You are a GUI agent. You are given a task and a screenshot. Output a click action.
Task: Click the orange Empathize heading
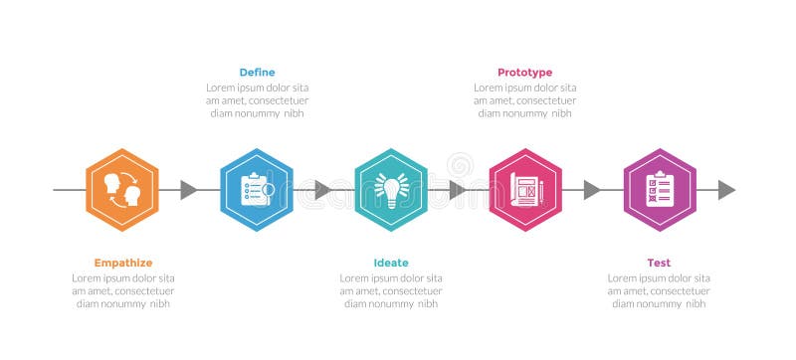(x=123, y=263)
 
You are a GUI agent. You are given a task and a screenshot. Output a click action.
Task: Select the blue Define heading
(x=257, y=72)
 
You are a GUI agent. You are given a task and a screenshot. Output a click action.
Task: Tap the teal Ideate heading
(x=391, y=263)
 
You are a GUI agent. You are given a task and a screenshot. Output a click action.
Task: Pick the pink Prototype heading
(x=524, y=72)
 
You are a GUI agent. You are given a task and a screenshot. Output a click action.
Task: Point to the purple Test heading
(x=659, y=263)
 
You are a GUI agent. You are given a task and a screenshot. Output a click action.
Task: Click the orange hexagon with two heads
(x=122, y=190)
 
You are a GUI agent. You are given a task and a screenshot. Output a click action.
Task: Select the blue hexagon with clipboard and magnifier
(x=257, y=190)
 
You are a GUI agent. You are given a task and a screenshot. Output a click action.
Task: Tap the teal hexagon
(x=391, y=190)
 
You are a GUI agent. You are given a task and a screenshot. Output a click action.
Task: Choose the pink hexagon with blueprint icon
(x=525, y=190)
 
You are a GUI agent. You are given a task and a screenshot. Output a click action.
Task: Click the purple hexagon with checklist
(x=660, y=190)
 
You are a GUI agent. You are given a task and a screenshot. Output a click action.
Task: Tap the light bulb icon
(x=391, y=189)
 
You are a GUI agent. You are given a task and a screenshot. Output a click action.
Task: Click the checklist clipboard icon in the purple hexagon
(x=660, y=188)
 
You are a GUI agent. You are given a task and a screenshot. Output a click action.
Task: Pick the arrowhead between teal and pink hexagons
(x=458, y=190)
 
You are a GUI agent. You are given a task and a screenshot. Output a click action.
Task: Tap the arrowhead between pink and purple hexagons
(x=592, y=190)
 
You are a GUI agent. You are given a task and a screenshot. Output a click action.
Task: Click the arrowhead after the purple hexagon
(x=726, y=190)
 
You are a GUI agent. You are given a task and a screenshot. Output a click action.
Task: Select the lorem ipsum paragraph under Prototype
(x=524, y=100)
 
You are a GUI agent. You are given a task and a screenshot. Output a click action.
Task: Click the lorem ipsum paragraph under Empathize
(x=123, y=290)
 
